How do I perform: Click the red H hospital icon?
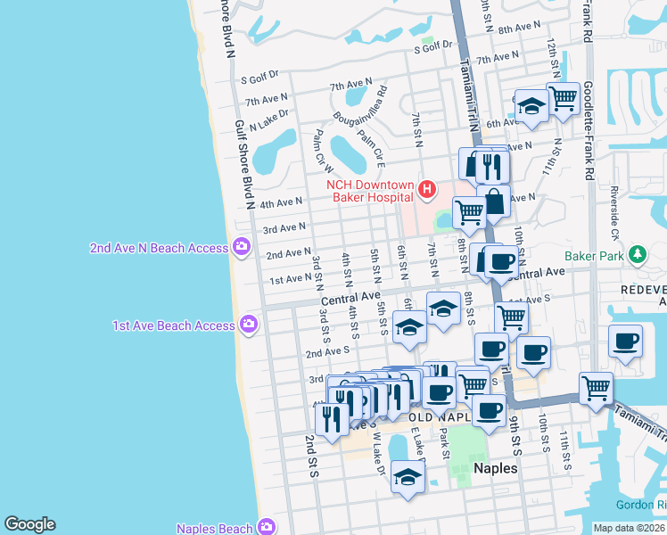(x=427, y=189)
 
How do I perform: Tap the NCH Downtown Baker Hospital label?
(x=370, y=190)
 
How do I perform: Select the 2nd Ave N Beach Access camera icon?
(x=241, y=247)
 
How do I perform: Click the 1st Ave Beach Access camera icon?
(x=249, y=325)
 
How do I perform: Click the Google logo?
(x=29, y=524)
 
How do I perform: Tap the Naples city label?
(x=495, y=467)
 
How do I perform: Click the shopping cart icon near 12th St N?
(x=563, y=97)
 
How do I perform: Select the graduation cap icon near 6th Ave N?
(x=531, y=107)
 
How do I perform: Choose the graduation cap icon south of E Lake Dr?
(x=408, y=475)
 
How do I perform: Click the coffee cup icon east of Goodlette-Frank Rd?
(x=625, y=341)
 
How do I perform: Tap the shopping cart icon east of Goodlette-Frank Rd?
(x=596, y=387)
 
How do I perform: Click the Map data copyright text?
(x=629, y=528)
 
